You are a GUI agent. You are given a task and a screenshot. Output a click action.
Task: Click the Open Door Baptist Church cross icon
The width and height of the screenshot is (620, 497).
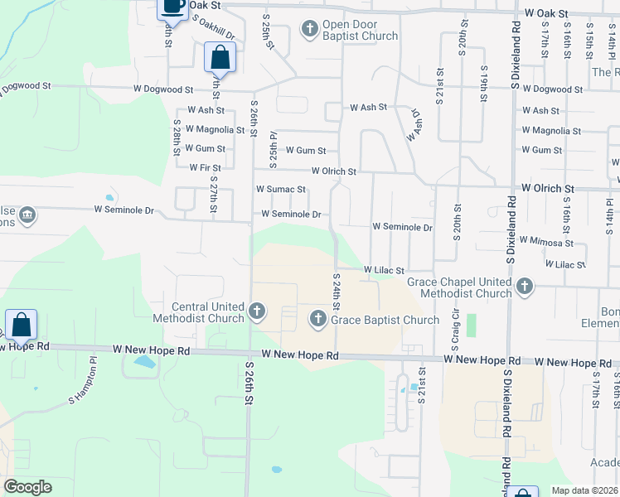[310, 31]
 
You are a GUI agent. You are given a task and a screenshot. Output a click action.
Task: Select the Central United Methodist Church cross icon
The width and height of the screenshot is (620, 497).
[257, 312]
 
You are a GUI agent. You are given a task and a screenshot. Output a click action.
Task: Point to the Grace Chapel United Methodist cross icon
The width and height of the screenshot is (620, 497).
[524, 287]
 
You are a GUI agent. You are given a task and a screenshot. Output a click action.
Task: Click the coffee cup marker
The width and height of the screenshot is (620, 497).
[172, 7]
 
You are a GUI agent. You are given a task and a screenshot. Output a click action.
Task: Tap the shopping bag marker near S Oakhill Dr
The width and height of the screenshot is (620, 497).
[220, 59]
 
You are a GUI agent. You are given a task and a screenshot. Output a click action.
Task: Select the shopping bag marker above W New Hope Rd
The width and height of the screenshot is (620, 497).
[21, 326]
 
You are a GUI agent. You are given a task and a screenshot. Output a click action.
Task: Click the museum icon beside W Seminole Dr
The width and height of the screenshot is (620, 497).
[27, 216]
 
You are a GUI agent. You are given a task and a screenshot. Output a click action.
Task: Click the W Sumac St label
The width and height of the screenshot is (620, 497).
[280, 190]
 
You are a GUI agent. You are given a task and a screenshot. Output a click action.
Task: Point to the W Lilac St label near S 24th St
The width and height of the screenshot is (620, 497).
[383, 270]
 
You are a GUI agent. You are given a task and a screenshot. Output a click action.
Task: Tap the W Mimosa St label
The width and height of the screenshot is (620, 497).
[545, 243]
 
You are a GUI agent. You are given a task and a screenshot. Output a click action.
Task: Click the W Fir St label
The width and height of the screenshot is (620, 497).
[205, 167]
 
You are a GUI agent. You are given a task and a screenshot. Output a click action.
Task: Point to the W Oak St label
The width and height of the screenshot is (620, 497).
[547, 14]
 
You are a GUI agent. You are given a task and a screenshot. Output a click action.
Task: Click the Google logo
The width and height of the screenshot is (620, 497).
[27, 487]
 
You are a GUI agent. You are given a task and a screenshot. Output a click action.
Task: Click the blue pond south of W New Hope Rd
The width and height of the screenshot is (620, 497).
[144, 362]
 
